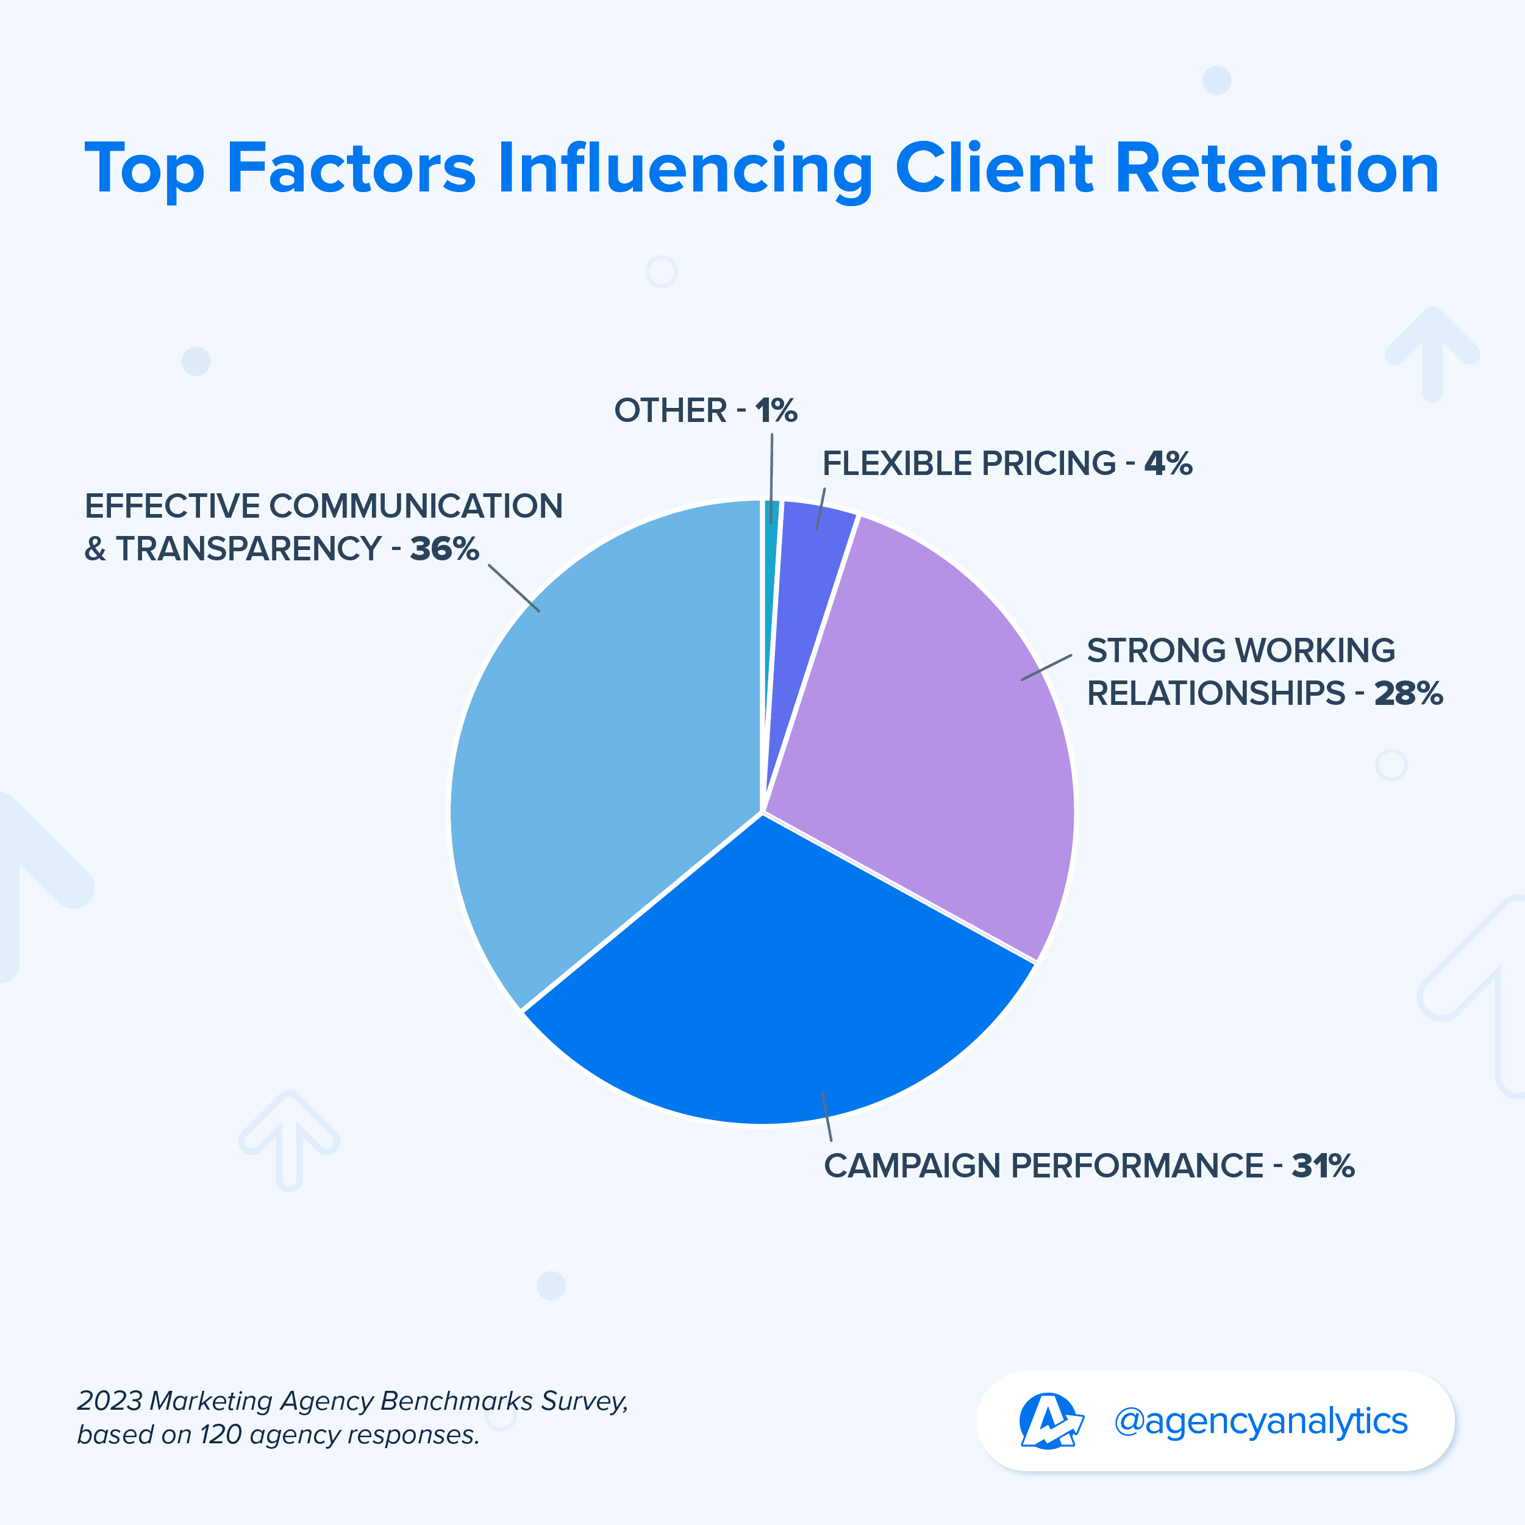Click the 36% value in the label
tap(445, 549)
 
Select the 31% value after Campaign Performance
tap(1323, 1166)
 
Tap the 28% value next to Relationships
tap(1408, 694)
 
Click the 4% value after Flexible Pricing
tap(1168, 463)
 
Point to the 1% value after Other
tap(776, 410)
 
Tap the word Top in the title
tap(145, 170)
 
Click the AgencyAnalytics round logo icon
tap(1049, 1421)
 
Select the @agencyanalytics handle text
tap(1260, 1421)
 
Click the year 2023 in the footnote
tap(110, 1401)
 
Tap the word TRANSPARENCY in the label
tap(249, 549)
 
